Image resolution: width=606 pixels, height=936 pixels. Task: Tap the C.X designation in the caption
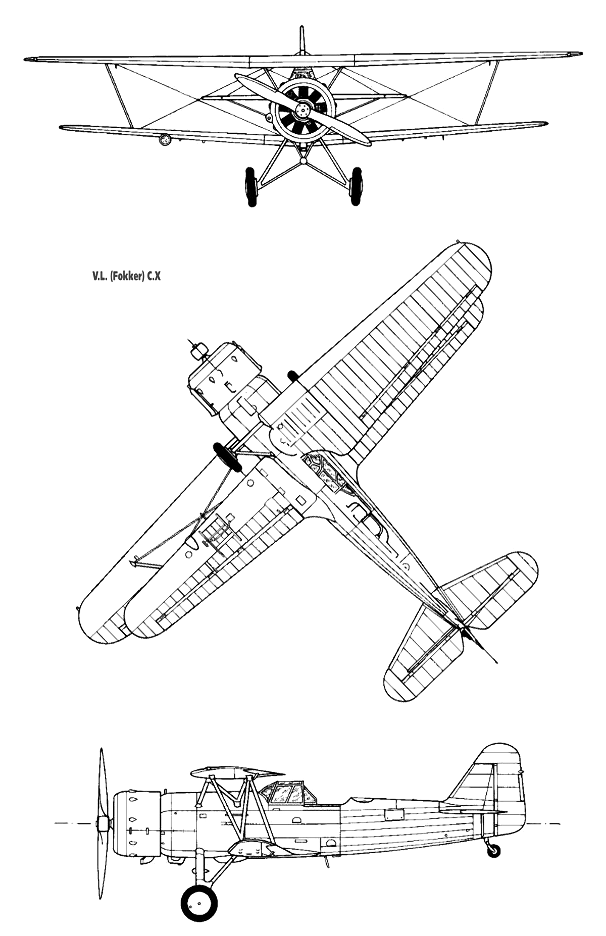coord(154,277)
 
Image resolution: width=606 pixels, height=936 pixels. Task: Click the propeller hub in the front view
coord(303,109)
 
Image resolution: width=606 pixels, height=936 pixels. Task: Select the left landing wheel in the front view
coord(250,186)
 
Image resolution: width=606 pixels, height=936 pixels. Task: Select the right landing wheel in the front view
coord(357,186)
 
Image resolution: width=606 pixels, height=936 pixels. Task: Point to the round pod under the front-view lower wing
coord(164,140)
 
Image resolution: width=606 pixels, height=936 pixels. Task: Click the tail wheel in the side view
coord(494,850)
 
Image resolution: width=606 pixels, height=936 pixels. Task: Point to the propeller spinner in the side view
coord(104,825)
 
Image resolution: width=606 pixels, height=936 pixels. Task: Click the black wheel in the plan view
coord(225,456)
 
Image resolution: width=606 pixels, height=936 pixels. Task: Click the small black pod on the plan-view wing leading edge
coord(292,375)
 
